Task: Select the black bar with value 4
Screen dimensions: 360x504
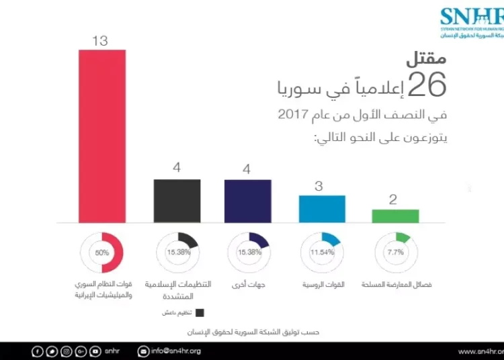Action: [x=177, y=200]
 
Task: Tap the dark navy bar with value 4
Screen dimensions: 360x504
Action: [x=248, y=200]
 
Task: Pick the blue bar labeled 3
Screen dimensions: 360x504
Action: [x=322, y=208]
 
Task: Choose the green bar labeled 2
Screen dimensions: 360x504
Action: [x=395, y=216]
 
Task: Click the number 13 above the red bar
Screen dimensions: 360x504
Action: [x=99, y=41]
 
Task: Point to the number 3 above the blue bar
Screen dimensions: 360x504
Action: [x=319, y=186]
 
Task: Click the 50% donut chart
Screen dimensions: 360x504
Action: [x=101, y=253]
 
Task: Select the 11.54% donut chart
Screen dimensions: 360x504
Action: [x=322, y=253]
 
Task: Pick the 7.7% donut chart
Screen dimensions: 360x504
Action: [x=395, y=253]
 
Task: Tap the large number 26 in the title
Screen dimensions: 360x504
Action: [x=427, y=85]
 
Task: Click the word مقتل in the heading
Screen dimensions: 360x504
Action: [x=425, y=59]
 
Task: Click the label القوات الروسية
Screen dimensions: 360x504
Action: [x=322, y=284]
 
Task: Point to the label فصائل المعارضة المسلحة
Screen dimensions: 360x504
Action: [x=396, y=284]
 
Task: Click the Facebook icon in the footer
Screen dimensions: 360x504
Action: [x=38, y=351]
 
